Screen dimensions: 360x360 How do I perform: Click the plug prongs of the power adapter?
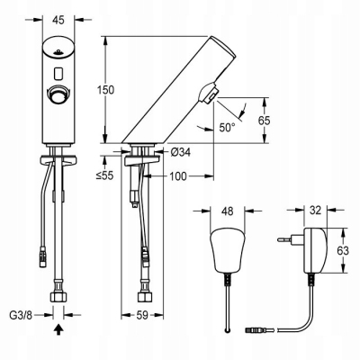point(286,242)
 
